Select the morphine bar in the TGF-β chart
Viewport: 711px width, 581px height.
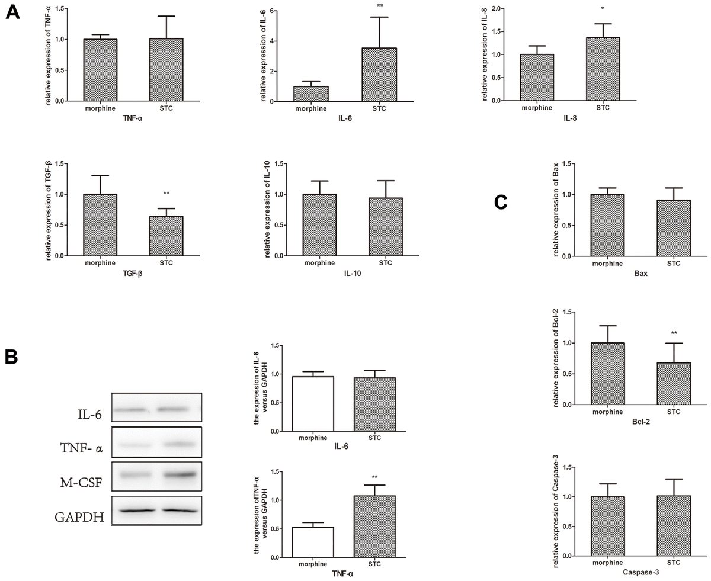[100, 225]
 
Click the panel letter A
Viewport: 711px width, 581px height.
[12, 13]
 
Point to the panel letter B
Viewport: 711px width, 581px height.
[12, 357]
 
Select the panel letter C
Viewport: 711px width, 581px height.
[501, 203]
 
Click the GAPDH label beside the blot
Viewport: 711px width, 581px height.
[79, 517]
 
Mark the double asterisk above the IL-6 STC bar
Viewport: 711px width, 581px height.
[380, 7]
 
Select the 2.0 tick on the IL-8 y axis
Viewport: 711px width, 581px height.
[494, 8]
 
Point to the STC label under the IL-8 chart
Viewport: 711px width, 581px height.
[603, 108]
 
